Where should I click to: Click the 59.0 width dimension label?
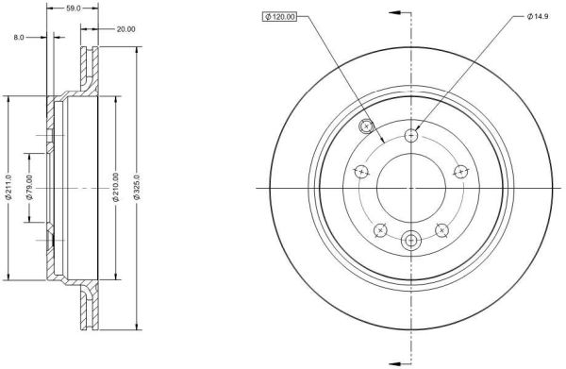click(x=74, y=8)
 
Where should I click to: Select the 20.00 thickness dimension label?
click(x=125, y=29)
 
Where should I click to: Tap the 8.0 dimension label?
click(x=19, y=37)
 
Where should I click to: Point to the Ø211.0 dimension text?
click(x=9, y=187)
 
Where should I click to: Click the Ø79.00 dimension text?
click(x=29, y=187)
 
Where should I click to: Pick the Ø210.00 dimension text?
click(x=116, y=187)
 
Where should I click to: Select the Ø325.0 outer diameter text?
click(x=137, y=187)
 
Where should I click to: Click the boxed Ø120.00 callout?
click(x=279, y=17)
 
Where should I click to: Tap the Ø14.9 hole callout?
click(x=538, y=17)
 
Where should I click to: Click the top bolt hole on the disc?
click(x=410, y=136)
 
